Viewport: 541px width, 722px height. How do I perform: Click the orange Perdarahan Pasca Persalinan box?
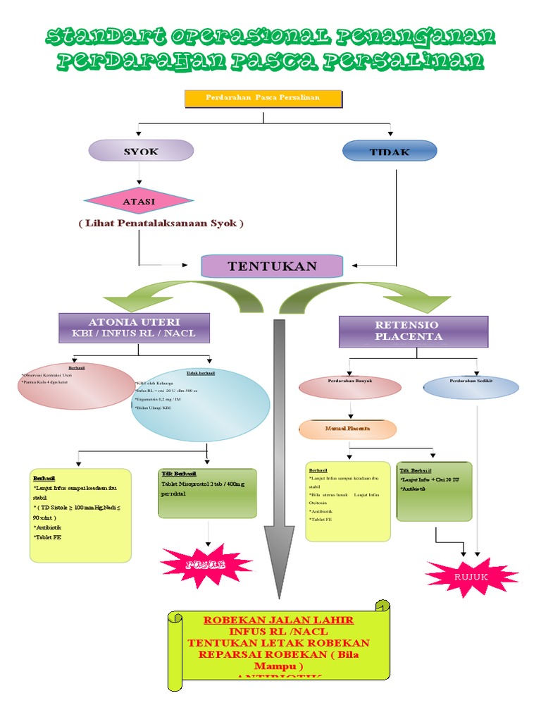click(x=263, y=98)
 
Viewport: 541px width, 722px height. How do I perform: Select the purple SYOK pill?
click(x=141, y=151)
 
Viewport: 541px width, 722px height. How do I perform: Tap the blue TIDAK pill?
click(x=390, y=152)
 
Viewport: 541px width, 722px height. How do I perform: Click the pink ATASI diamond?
click(x=139, y=201)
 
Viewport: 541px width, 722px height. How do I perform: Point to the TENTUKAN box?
click(x=272, y=266)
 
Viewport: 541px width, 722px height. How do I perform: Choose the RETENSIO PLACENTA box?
click(x=413, y=331)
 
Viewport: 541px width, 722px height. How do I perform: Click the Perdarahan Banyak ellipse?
click(x=350, y=387)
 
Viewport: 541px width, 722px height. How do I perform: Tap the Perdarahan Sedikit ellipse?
click(x=471, y=387)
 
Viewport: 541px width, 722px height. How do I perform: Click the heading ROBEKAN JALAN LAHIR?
click(x=278, y=620)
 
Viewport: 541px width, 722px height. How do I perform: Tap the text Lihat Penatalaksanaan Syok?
click(x=161, y=223)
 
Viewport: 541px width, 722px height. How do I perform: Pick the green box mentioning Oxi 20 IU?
click(x=434, y=491)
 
